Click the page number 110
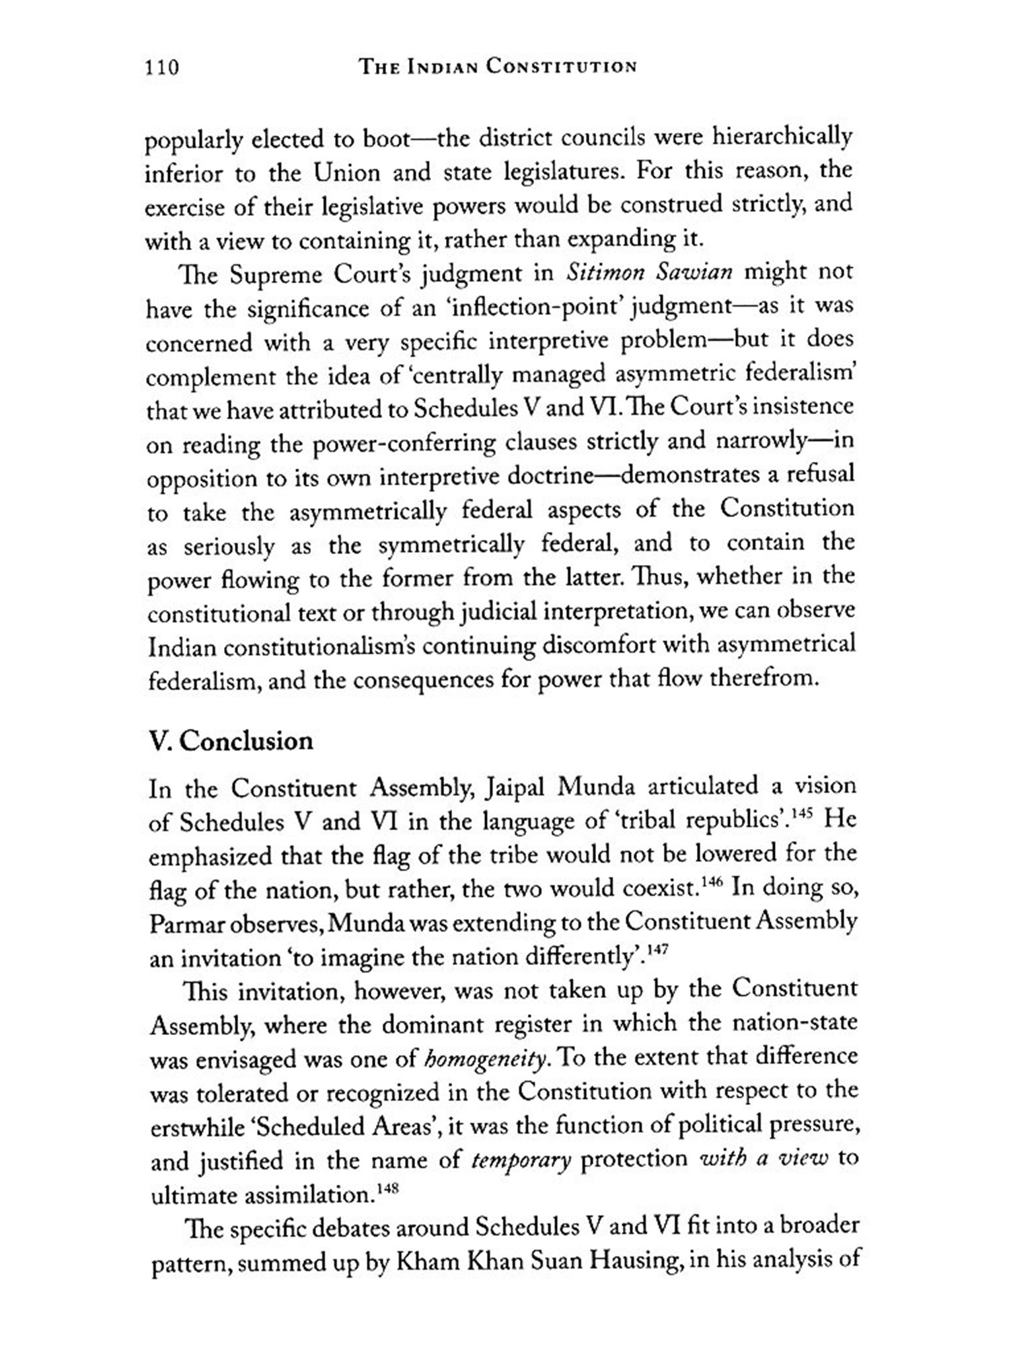(161, 68)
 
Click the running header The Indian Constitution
(498, 67)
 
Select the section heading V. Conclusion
(231, 741)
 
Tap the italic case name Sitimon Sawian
(649, 272)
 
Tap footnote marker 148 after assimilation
(389, 1189)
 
